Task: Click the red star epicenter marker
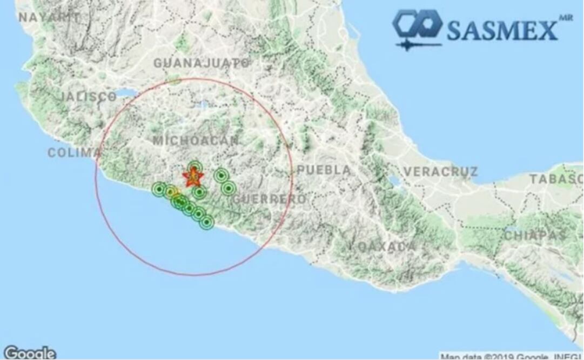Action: coord(192,177)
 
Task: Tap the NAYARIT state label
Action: coord(49,17)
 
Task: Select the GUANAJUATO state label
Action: coord(202,63)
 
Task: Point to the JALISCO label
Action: coord(88,97)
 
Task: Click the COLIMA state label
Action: coord(74,152)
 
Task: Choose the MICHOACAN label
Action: coord(196,141)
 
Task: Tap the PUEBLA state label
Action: coord(324,170)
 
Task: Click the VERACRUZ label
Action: coord(440,172)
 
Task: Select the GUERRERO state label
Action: coord(269,199)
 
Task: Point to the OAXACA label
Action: coord(387,246)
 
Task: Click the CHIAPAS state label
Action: coord(535,235)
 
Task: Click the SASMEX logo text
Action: coord(502,31)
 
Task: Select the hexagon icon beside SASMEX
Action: coord(417,25)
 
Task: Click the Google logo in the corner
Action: coord(29,353)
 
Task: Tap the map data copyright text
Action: coord(511,357)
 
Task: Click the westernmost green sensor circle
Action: coord(159,189)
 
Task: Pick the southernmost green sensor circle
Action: coord(206,222)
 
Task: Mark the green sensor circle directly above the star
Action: coord(195,166)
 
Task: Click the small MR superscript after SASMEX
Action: coord(566,18)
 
